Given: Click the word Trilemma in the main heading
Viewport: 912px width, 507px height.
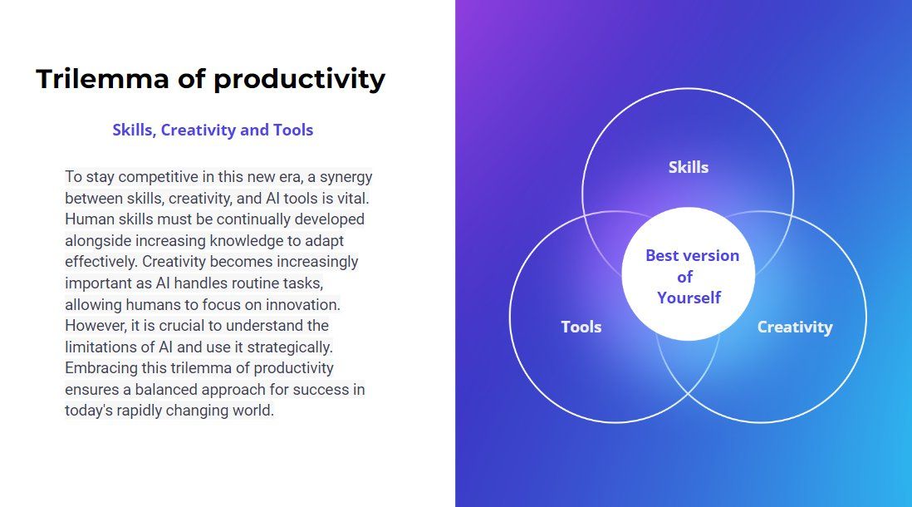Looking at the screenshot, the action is point(102,79).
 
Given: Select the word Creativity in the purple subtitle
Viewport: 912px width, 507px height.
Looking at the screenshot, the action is point(199,130).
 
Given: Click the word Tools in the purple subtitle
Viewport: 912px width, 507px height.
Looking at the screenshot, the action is point(293,130).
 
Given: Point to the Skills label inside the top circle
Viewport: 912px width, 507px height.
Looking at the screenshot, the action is point(689,168).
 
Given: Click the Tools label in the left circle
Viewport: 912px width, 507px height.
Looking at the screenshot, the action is point(581,327).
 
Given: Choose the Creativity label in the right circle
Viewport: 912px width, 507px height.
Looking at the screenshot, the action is point(795,327).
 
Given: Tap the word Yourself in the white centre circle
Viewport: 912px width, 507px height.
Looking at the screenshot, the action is point(689,298).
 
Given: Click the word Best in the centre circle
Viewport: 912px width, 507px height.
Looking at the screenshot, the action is point(662,255).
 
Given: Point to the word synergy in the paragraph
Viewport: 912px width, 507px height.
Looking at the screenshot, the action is point(346,178).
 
